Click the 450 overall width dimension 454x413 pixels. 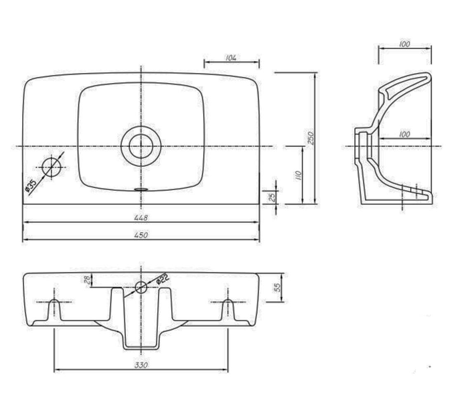point(141,235)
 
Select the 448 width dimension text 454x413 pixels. point(141,217)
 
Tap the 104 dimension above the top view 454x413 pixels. point(231,58)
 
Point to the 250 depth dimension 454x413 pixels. point(310,138)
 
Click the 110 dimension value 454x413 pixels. point(299,176)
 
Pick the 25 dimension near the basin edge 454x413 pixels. point(272,197)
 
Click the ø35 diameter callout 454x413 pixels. point(31,185)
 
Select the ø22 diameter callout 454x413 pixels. point(162,279)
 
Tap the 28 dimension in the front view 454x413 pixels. point(87,280)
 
